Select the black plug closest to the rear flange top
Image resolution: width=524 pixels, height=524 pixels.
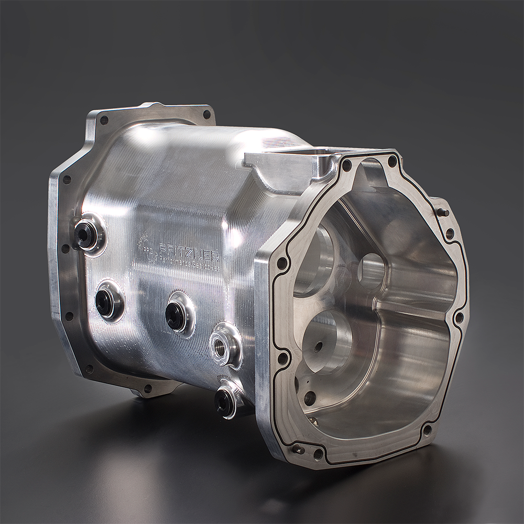85,234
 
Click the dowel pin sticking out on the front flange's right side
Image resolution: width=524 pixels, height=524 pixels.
443,212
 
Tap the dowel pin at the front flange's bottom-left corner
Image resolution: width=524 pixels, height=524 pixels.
298,449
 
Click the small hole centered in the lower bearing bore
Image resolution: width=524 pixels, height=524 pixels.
318,345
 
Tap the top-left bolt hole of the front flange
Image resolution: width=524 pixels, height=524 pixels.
346,165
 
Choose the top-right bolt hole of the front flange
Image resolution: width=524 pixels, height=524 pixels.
392,161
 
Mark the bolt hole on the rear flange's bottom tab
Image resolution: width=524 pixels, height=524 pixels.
148,388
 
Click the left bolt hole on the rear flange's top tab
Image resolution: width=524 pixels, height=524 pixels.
104,120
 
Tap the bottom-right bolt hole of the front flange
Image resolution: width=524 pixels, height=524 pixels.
427,431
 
